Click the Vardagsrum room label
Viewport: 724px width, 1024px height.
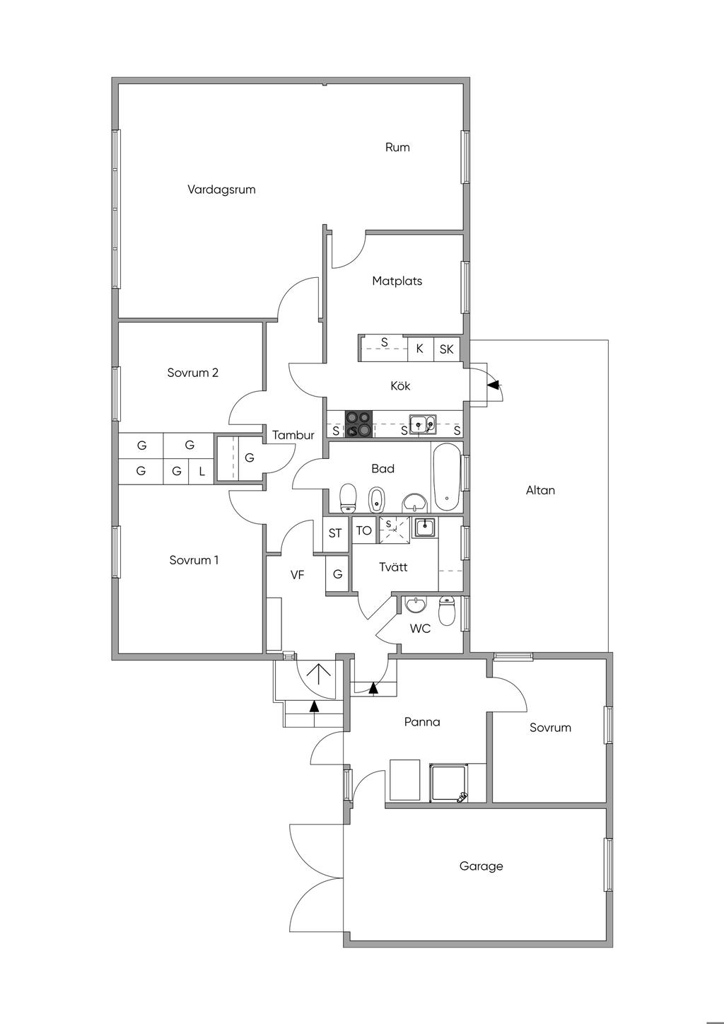coord(221,190)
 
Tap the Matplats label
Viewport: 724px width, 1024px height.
coord(397,281)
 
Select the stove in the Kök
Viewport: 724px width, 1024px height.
coord(358,424)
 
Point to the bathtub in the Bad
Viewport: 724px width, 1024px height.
coord(447,477)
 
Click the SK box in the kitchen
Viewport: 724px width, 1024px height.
coord(446,349)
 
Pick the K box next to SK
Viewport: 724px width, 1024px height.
coord(420,349)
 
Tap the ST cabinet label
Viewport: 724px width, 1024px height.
coord(335,533)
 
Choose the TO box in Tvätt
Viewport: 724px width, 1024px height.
coord(364,530)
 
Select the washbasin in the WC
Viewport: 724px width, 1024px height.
coord(416,605)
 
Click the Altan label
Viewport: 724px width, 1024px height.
coord(540,490)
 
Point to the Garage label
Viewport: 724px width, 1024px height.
coord(481,866)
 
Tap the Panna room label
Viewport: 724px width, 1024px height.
coord(422,722)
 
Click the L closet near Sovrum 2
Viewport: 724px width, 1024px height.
coord(202,471)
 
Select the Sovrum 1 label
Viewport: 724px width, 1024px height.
coord(194,560)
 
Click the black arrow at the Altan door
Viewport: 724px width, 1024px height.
coord(494,385)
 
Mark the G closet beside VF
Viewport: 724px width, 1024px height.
coord(338,574)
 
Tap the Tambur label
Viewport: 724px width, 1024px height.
coord(293,436)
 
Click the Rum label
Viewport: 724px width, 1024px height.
coord(397,147)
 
